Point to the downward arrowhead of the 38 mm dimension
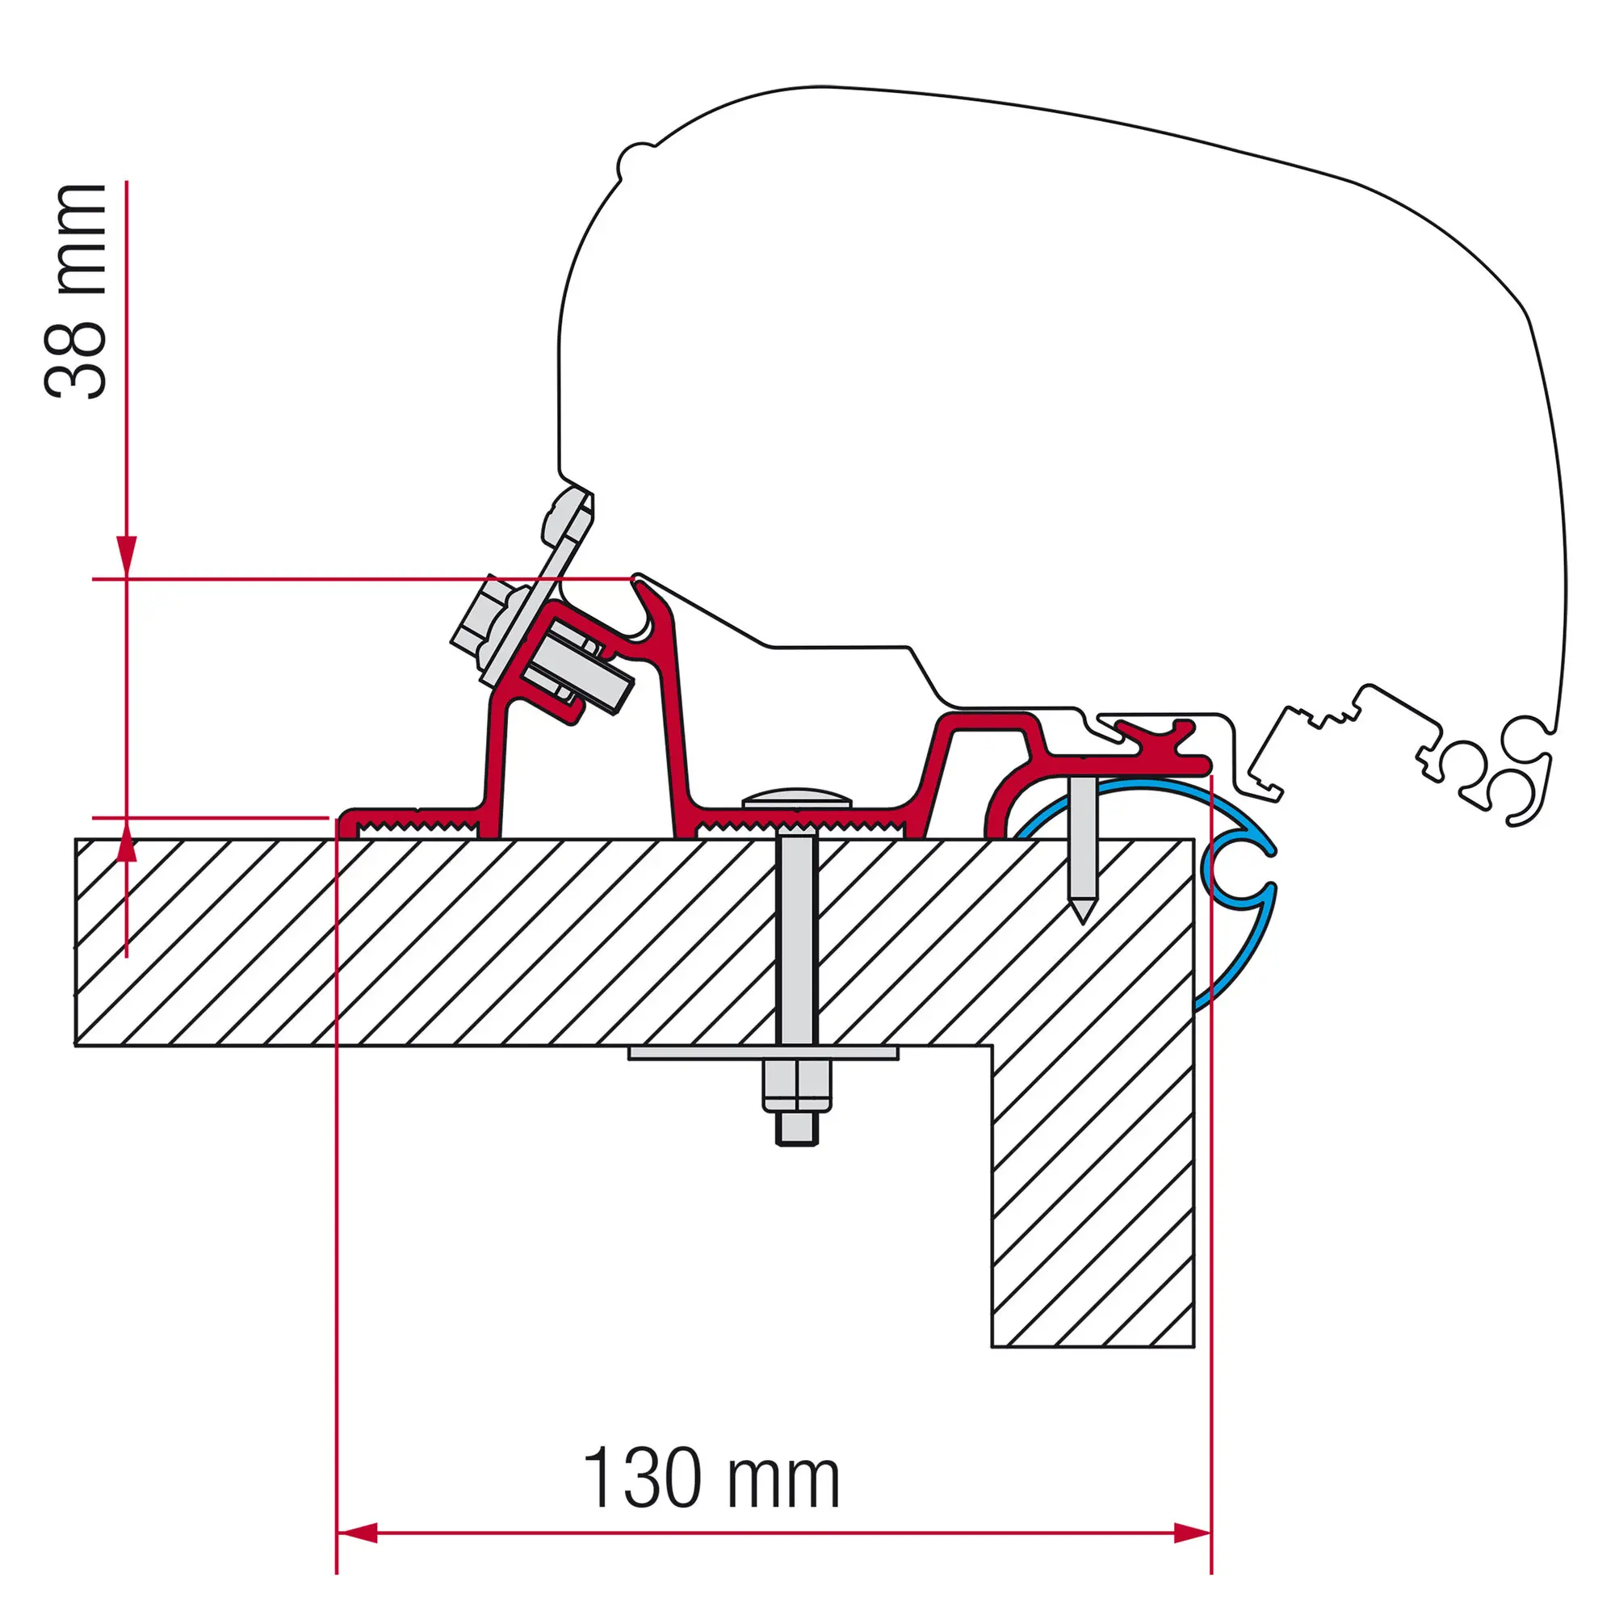tap(126, 555)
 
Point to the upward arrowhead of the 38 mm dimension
tap(126, 841)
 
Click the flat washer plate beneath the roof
tap(763, 1053)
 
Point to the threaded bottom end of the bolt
tap(796, 1129)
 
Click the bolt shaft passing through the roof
tap(796, 936)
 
